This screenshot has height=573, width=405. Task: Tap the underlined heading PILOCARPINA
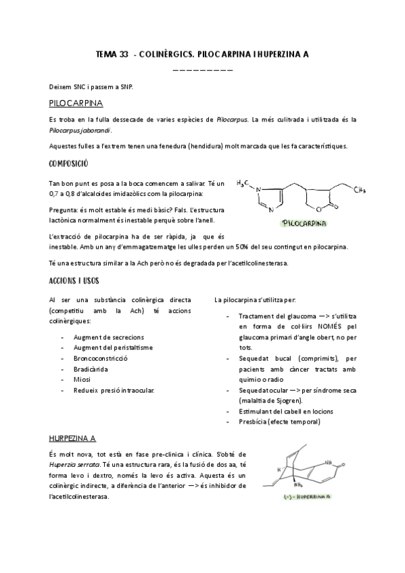pyautogui.click(x=76, y=103)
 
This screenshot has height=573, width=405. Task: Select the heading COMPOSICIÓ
pyautogui.click(x=69, y=164)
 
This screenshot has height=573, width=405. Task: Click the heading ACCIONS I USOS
pyautogui.click(x=75, y=280)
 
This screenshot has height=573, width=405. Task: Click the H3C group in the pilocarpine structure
pyautogui.click(x=244, y=182)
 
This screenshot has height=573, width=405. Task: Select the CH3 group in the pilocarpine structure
pyautogui.click(x=360, y=191)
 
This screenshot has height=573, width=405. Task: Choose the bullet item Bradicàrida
pyautogui.click(x=91, y=368)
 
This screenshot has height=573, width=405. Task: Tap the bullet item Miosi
pyautogui.click(x=82, y=379)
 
